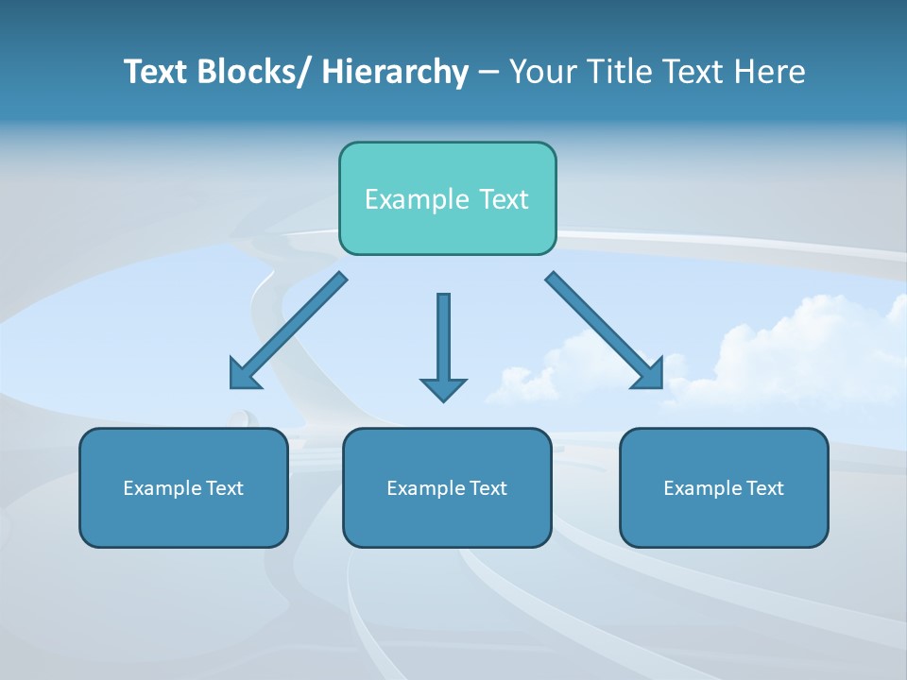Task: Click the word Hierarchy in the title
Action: coord(395,72)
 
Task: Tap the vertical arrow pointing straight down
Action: coord(443,340)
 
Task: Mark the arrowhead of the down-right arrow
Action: coord(650,376)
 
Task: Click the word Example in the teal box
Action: coord(416,199)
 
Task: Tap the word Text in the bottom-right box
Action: coord(764,488)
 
